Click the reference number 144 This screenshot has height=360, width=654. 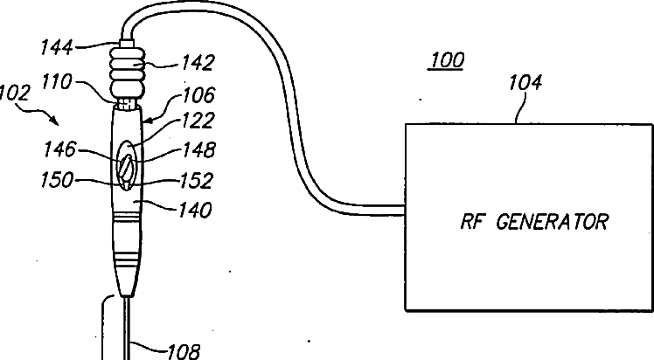[x=57, y=47]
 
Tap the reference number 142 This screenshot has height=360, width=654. [x=198, y=63]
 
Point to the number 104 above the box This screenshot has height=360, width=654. [x=525, y=82]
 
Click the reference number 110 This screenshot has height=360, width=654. [x=57, y=81]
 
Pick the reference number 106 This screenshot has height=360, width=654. [x=199, y=95]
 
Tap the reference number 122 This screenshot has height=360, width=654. [x=198, y=121]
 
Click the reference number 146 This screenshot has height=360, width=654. [x=60, y=149]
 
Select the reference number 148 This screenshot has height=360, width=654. [x=199, y=149]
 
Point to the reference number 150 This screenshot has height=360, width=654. [x=57, y=180]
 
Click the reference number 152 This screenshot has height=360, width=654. [x=197, y=180]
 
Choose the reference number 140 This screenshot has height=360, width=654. [x=195, y=210]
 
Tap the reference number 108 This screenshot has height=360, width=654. [x=184, y=351]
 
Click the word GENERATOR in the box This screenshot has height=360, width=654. [x=553, y=221]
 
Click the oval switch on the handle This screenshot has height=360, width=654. [x=127, y=165]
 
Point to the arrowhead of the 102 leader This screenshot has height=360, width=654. [x=55, y=121]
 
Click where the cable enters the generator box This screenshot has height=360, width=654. [x=405, y=210]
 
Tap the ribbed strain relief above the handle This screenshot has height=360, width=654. [x=128, y=72]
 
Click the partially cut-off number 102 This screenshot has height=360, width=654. [x=15, y=93]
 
